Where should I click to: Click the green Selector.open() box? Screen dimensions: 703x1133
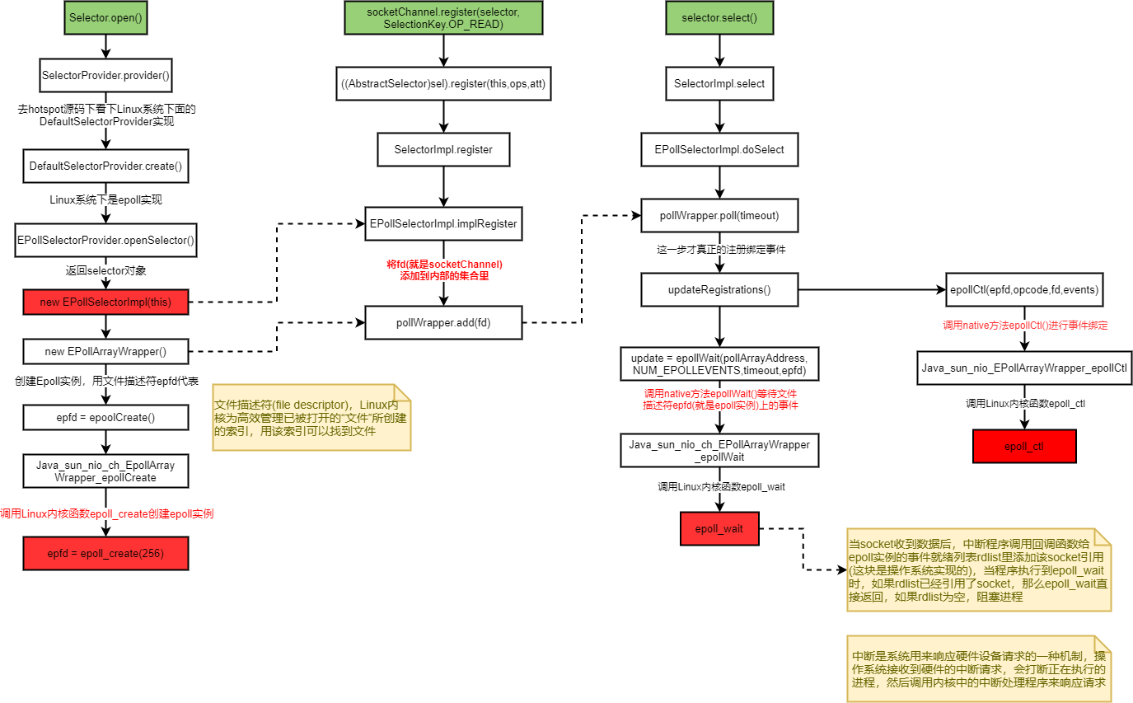click(106, 18)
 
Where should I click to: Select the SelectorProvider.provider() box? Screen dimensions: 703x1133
click(105, 76)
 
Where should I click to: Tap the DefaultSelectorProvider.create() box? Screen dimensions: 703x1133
click(105, 166)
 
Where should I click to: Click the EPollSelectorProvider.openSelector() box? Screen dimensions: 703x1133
click(105, 241)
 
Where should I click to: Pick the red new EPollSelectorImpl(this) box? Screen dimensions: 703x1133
click(105, 302)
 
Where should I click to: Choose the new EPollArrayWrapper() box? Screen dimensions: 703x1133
click(105, 352)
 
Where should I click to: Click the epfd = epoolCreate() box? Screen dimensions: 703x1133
click(105, 418)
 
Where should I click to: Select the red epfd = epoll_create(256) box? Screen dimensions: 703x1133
click(105, 553)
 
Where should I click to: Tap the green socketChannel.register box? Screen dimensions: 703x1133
click(443, 18)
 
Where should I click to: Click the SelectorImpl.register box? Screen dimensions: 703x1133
click(443, 150)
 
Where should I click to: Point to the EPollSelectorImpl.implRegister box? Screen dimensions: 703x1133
click(443, 223)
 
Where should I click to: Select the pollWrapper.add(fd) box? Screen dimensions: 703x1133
click(443, 322)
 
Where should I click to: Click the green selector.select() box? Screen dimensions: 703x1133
click(719, 18)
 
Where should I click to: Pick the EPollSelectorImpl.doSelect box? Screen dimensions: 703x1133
click(719, 150)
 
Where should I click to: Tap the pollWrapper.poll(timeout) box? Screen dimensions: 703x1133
click(719, 216)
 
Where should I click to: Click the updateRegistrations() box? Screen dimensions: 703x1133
click(719, 289)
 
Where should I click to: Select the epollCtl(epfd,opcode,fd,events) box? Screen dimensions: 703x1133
click(1023, 289)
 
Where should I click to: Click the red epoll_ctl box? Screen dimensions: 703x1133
click(1024, 446)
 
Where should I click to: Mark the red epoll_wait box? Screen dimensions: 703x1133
click(719, 528)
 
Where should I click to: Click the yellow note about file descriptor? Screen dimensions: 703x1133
click(311, 417)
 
